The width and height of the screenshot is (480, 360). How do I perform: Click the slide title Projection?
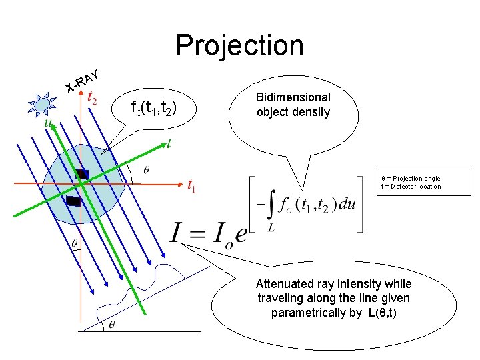(239, 45)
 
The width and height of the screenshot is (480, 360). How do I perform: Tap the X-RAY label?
(83, 80)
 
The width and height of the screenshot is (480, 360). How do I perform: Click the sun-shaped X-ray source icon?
(41, 104)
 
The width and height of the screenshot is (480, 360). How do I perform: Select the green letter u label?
(47, 123)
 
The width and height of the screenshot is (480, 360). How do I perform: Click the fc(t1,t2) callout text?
(153, 108)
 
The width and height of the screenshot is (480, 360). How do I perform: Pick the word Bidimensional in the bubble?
(293, 97)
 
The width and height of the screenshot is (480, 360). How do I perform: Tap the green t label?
(169, 143)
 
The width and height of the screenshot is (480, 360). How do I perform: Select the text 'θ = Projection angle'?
(411, 178)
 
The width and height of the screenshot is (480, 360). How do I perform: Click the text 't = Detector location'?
(411, 187)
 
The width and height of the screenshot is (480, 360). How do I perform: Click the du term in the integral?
(347, 205)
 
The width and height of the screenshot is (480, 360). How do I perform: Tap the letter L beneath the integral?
(271, 227)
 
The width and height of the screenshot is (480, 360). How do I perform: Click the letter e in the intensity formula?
(241, 235)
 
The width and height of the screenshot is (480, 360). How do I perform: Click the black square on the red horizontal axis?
(81, 175)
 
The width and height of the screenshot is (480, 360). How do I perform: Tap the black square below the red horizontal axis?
(73, 201)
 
